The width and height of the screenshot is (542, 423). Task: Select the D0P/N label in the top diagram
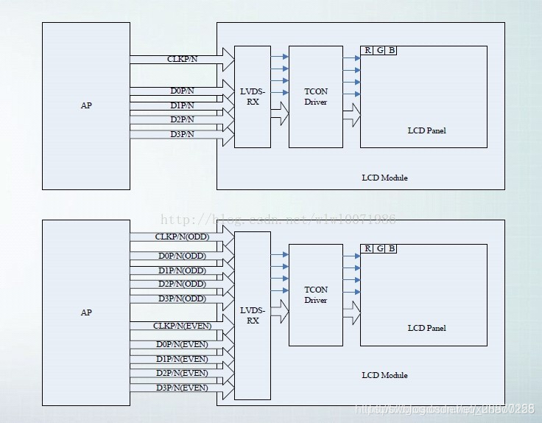coord(182,91)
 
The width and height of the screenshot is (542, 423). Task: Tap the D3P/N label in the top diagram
coord(182,134)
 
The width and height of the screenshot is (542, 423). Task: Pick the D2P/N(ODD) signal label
coord(182,284)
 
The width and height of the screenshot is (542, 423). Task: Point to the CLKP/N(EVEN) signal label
coord(182,326)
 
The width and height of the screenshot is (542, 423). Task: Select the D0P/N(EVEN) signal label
coord(182,344)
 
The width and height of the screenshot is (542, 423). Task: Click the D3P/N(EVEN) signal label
coord(182,388)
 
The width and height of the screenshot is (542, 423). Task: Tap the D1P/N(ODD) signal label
coord(182,270)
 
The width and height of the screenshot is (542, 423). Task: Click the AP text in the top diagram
coord(86,105)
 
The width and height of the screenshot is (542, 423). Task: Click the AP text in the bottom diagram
coord(86,312)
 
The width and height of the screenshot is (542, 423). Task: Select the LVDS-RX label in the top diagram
coord(253,97)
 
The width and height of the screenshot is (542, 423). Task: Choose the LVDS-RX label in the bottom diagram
coord(253,315)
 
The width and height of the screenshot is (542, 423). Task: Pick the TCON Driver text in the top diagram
coord(316,97)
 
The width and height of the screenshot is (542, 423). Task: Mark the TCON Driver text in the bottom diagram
coord(316,295)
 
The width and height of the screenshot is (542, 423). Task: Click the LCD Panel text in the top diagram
coord(426,130)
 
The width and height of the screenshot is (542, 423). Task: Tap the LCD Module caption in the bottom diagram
coord(384,375)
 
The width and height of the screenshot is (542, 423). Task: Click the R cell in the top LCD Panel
coord(367,50)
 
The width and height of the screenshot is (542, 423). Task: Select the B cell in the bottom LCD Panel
coord(391,248)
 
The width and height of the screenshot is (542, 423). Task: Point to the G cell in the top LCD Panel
coord(379,50)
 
